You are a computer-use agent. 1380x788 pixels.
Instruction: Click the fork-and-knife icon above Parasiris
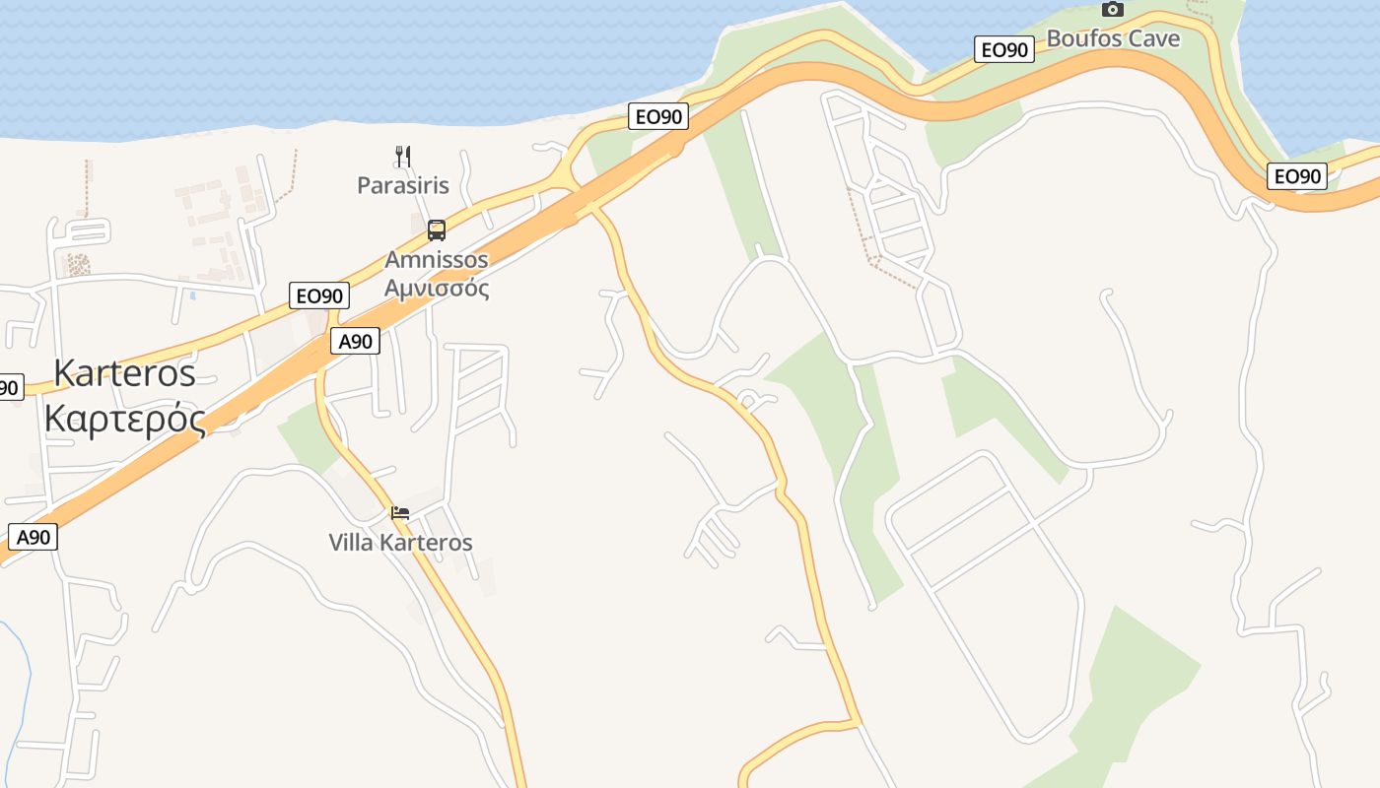402,156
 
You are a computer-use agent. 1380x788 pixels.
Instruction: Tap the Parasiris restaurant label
402,185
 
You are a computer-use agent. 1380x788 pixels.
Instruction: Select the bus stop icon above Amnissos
436,230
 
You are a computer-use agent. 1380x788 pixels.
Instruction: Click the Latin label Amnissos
436,260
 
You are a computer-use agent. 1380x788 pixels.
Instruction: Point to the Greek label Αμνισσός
436,289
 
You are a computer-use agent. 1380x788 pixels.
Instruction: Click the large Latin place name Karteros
124,373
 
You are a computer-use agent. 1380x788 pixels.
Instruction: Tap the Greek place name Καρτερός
124,419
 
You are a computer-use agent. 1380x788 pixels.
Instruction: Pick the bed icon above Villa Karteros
400,513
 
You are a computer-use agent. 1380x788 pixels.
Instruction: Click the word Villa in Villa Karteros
351,543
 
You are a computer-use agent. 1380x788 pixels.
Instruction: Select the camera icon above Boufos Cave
1113,9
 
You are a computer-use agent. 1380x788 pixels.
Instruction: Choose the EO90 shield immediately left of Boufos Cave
1003,49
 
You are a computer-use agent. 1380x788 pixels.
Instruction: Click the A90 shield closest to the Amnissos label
355,342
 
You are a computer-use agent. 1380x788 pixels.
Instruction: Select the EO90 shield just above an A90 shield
319,295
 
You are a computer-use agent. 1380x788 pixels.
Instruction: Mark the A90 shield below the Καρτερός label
34,537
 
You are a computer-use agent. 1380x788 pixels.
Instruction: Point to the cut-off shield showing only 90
9,387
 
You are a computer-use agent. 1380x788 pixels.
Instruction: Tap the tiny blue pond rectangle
192,295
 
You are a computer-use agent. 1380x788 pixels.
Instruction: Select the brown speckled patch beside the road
78,264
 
